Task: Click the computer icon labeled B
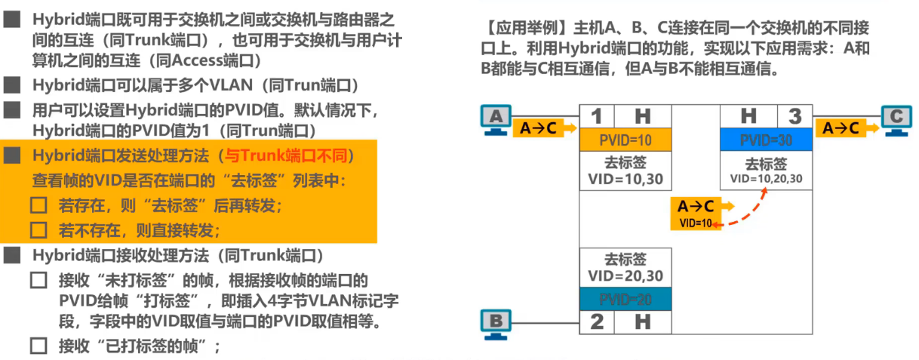(x=495, y=323)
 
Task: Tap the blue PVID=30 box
(x=767, y=140)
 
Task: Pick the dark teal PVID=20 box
(x=625, y=298)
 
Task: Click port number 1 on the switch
(x=596, y=116)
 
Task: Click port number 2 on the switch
(x=596, y=322)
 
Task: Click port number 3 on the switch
(x=795, y=116)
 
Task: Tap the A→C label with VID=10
(x=695, y=214)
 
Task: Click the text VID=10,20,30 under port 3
(x=766, y=180)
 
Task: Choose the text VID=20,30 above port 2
(x=625, y=276)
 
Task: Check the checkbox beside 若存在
(x=38, y=205)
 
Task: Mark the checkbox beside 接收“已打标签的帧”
(x=38, y=346)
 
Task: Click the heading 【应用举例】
(x=525, y=29)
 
